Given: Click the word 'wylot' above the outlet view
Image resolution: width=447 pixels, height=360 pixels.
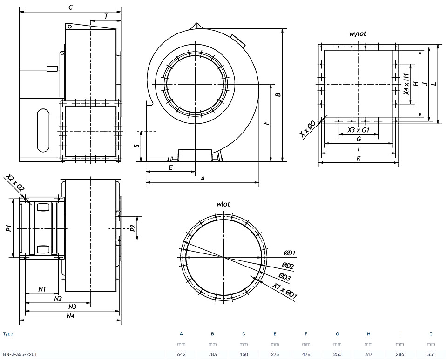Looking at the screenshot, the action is click(358, 33).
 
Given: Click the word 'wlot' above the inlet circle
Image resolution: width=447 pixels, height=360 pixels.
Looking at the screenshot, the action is click(223, 204).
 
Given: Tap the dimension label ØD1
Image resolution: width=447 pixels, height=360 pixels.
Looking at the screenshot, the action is click(289, 253).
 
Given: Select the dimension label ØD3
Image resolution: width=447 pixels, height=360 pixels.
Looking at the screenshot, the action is click(284, 277).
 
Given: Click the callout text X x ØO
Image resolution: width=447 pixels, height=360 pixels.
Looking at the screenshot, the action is click(308, 129).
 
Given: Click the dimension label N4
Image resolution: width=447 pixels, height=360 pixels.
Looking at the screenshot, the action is click(70, 315).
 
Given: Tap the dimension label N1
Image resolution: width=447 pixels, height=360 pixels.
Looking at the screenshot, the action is click(42, 289).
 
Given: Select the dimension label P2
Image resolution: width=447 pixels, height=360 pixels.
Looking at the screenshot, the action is click(133, 228).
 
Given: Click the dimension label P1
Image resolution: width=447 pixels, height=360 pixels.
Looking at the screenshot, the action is click(9, 228).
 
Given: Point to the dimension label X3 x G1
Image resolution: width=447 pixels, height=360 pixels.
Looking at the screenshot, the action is click(359, 130).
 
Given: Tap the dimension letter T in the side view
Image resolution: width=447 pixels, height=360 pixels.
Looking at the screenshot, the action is click(106, 17).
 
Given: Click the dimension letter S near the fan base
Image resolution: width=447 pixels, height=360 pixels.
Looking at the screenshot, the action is click(137, 146).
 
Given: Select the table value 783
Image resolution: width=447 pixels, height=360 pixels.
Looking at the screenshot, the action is click(212, 354).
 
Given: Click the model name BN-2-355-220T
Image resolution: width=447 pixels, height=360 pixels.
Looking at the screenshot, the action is click(20, 354).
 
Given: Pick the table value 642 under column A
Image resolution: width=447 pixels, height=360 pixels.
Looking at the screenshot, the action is click(181, 354).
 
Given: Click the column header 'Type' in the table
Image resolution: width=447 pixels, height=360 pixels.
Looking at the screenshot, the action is click(8, 334).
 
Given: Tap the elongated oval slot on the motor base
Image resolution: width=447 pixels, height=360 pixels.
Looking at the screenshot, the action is click(43, 130).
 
